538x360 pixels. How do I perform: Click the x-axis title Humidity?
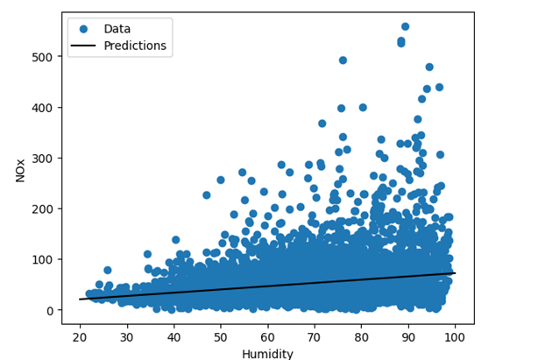pos(267,353)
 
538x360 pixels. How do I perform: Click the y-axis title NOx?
pos(19,170)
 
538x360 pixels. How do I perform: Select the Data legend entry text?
pos(117,29)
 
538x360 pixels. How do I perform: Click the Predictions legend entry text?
pos(135,46)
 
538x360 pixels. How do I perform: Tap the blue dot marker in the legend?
pos(85,29)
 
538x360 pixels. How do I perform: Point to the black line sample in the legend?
pos(85,46)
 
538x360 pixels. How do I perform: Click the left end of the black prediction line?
pos(80,300)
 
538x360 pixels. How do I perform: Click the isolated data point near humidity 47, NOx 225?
pos(207,195)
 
